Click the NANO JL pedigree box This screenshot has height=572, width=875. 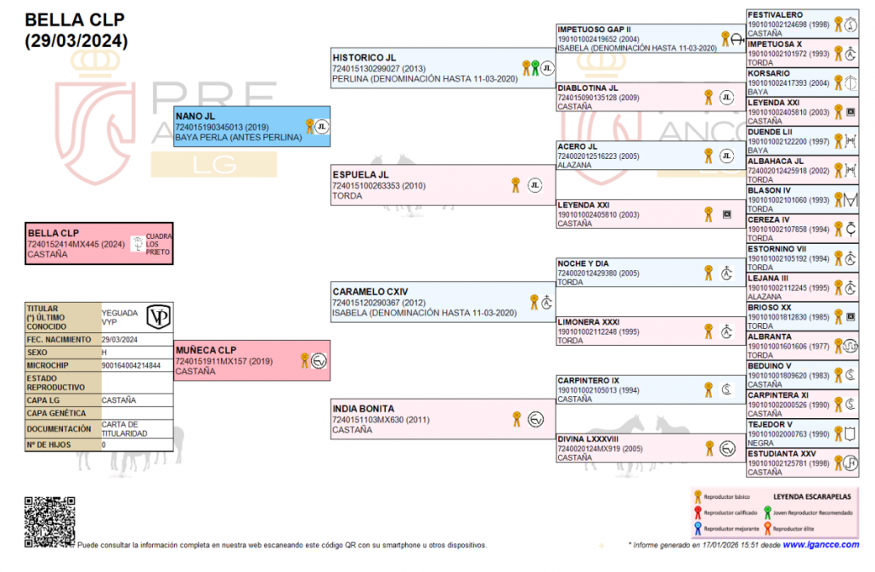(x=251, y=127)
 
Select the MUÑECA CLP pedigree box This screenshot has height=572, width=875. (x=251, y=360)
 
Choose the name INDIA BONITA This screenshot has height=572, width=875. (x=364, y=409)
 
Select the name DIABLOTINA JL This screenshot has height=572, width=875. (x=588, y=88)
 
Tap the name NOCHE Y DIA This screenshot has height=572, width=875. (x=583, y=263)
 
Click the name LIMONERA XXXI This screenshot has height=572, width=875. (x=589, y=321)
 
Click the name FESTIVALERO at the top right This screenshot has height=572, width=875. (x=775, y=14)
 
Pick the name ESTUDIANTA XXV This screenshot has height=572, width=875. (x=782, y=453)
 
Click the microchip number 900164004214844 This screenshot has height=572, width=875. (x=131, y=365)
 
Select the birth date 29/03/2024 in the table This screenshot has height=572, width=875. (x=120, y=338)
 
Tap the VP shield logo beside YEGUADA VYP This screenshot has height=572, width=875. (x=158, y=315)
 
